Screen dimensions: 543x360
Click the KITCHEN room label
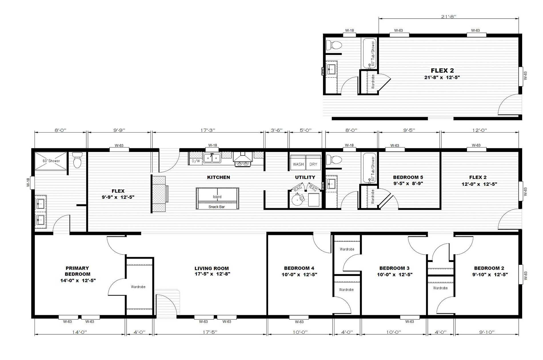coord(218,177)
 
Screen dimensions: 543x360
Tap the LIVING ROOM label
coord(211,268)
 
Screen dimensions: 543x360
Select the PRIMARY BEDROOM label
coord(77,271)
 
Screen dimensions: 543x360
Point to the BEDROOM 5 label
coord(408,177)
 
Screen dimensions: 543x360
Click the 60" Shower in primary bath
coord(51,161)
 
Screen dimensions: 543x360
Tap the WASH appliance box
coord(298,164)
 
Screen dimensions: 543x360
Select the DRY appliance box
coord(313,164)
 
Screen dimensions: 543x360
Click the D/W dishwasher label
coord(196,161)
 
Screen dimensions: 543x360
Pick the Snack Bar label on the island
coord(217,207)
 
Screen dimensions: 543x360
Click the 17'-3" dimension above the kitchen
coord(208,130)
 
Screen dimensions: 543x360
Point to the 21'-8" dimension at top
coord(449,17)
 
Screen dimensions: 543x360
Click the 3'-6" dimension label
coord(276,130)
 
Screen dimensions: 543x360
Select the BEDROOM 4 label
coord(299,268)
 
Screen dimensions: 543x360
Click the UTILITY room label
coord(305,177)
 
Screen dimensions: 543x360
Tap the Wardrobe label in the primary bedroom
coord(138,287)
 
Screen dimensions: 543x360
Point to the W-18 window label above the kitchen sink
coord(212,145)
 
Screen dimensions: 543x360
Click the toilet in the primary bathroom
coord(77,160)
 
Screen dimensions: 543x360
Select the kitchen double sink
coord(212,157)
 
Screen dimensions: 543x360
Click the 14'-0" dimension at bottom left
coord(80,332)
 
